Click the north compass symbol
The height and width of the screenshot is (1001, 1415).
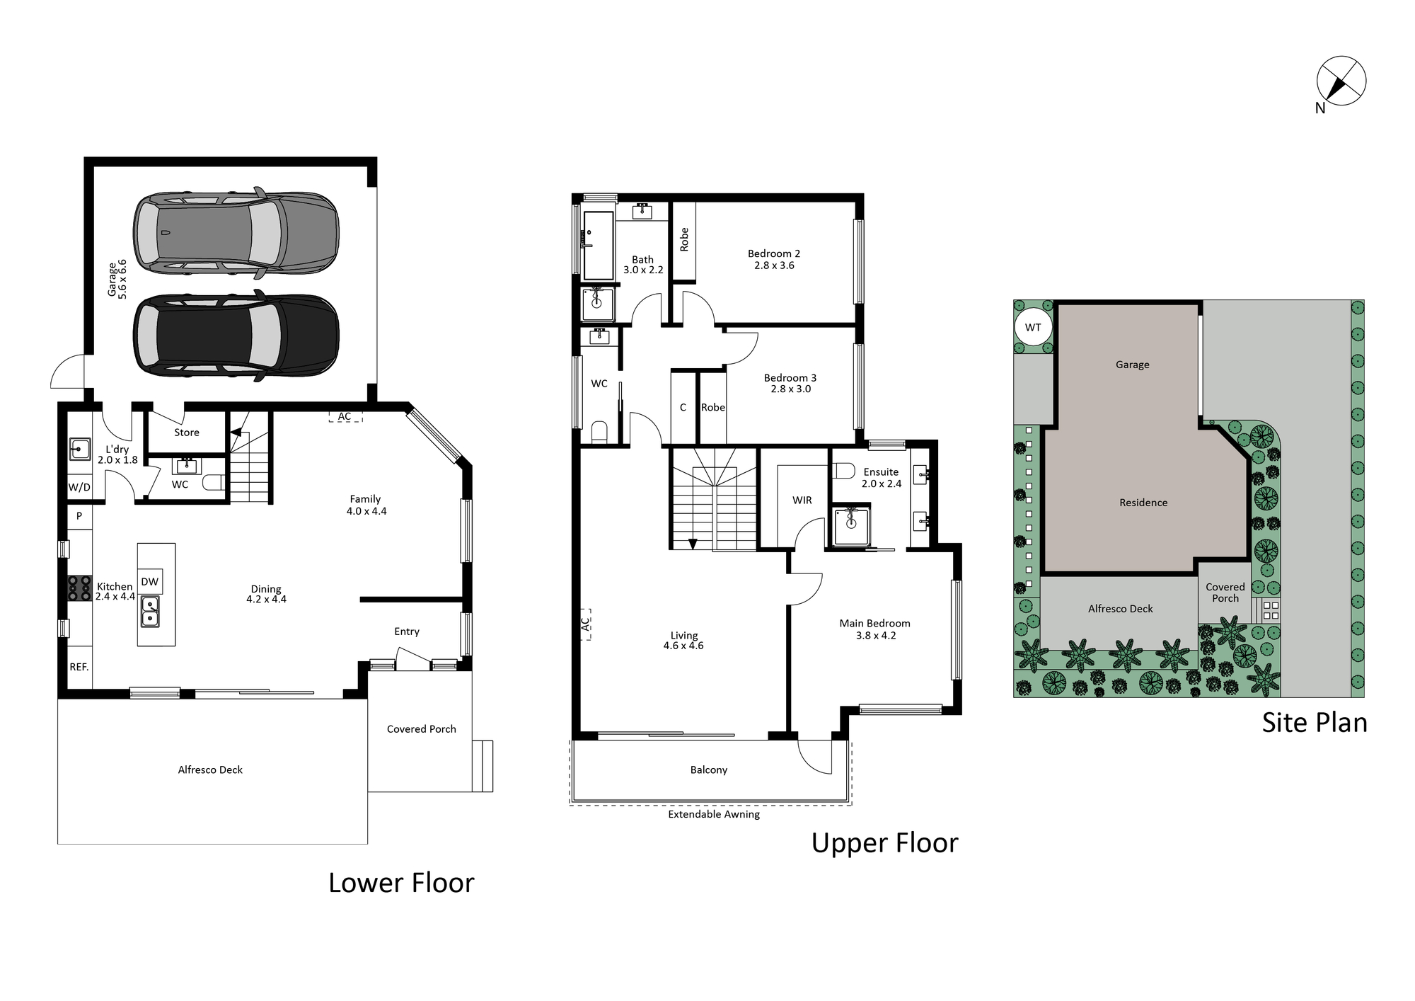point(1341,82)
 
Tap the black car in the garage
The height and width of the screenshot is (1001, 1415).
point(236,336)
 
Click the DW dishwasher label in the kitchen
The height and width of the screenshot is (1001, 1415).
point(149,582)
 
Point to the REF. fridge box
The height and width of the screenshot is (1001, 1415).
point(79,667)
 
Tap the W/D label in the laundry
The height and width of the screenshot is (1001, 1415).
point(79,487)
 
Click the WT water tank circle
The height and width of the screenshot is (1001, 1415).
point(1033,327)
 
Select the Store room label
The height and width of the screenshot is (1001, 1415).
point(187,433)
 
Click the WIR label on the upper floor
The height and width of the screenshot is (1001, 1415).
point(802,500)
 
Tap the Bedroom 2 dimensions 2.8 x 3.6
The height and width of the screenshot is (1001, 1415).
point(774,265)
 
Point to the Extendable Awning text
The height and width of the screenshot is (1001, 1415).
point(714,815)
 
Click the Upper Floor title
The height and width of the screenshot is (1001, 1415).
point(884,844)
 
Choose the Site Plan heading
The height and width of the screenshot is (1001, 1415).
point(1315,723)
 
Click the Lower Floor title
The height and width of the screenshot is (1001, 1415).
point(401,883)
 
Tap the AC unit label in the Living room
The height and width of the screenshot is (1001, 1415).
point(585,624)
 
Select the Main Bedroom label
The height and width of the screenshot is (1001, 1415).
point(874,624)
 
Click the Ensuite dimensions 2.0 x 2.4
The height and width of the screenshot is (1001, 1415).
point(882,484)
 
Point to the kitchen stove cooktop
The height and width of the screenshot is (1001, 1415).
point(79,589)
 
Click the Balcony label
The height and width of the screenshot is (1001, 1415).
point(708,770)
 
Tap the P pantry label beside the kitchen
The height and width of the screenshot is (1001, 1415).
point(79,516)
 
